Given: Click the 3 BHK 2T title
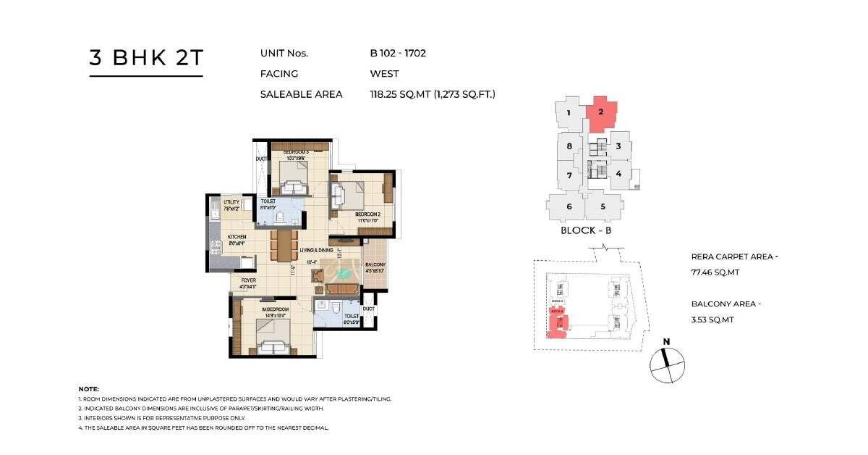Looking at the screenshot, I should click(x=146, y=59).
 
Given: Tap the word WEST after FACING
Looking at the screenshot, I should click(x=384, y=73).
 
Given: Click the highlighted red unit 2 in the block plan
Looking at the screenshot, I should click(x=602, y=112).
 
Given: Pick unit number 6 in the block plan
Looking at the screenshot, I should click(x=569, y=206).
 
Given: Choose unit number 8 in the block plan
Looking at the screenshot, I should click(x=569, y=146).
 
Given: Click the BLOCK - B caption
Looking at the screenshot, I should click(x=587, y=230).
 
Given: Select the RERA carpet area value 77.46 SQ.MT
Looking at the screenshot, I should click(x=713, y=272).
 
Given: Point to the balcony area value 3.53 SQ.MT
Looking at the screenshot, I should click(x=712, y=320).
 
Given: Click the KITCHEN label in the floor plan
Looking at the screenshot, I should click(x=237, y=237).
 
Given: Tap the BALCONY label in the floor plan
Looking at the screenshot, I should click(x=375, y=264).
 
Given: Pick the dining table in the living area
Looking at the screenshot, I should click(x=284, y=245).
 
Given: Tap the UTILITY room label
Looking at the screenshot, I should click(x=231, y=202).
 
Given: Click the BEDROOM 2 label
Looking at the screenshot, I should click(x=367, y=214).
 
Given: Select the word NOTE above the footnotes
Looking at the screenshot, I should click(x=88, y=389).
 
